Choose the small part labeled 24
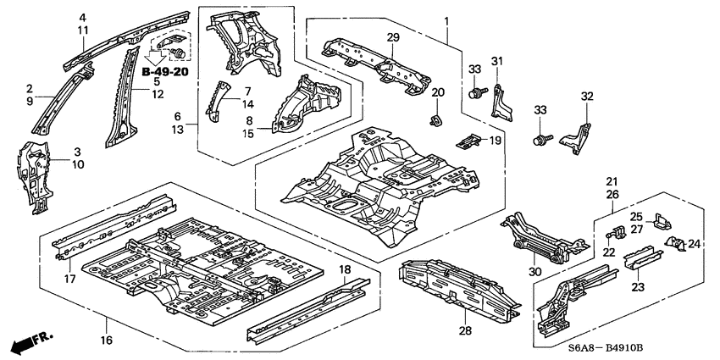pos(675,244)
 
